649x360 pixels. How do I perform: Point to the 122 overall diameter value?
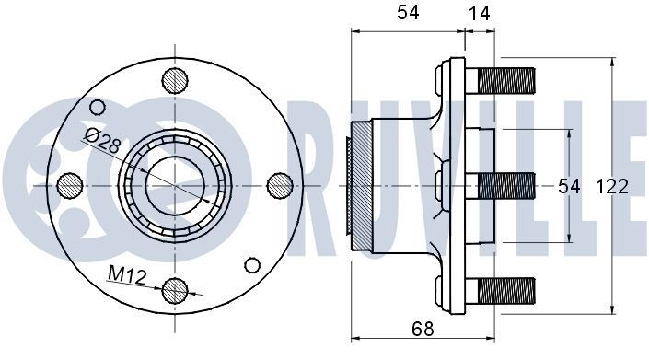tap(610, 187)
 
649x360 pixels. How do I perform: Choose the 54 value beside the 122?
tap(570, 187)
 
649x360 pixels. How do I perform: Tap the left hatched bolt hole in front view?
tap(70, 185)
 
